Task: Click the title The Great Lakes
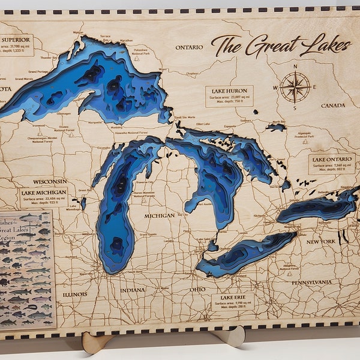click(281, 45)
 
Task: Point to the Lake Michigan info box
click(44, 197)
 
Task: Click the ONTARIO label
click(189, 47)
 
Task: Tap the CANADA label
click(332, 106)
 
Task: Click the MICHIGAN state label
click(159, 215)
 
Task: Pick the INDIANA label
click(132, 290)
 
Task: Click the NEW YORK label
click(320, 241)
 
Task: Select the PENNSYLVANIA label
click(312, 282)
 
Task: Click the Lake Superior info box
click(16, 44)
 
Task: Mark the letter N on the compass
click(295, 66)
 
